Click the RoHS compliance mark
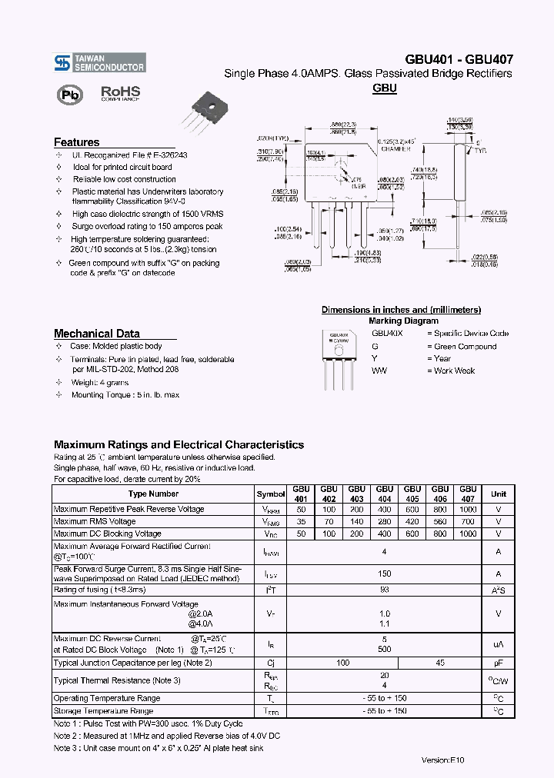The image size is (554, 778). [119, 93]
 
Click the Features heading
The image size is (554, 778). [76, 142]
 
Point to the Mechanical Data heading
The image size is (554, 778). [96, 334]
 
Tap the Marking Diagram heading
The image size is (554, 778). [403, 321]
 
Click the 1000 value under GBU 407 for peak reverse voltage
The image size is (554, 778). [468, 509]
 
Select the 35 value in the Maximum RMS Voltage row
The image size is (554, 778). [301, 521]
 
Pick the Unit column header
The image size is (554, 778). [498, 494]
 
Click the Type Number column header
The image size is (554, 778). [153, 494]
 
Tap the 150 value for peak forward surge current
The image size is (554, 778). [384, 574]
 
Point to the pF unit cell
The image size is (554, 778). [498, 663]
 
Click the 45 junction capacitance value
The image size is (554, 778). [440, 663]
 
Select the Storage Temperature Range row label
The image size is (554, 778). [107, 711]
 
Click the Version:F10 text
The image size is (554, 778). [443, 760]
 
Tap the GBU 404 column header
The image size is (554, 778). [384, 494]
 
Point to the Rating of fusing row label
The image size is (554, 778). [99, 590]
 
